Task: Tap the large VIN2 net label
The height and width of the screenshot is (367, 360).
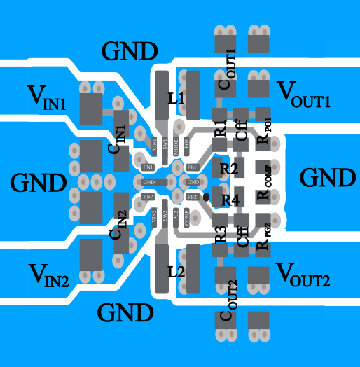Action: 48,275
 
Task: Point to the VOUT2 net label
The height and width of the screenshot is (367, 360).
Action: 303,272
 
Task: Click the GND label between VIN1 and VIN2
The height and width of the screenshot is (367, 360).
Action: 39,183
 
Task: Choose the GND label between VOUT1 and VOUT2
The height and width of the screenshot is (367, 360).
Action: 327,177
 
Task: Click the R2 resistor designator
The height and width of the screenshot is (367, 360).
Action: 229,169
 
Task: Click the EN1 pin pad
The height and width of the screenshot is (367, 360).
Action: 148,167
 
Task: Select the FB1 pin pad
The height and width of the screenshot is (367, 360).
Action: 192,167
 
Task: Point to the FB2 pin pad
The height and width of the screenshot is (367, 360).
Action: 192,198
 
